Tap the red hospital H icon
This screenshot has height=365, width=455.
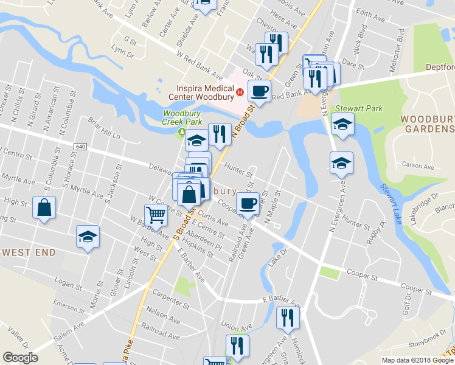(x=240, y=93)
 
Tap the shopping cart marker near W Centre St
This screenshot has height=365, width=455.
(x=156, y=214)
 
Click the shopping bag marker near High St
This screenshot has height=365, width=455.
(x=45, y=207)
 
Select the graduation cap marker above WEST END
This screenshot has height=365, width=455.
(x=88, y=236)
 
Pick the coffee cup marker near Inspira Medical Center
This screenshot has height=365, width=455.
(x=260, y=91)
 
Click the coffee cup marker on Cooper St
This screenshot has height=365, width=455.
(x=248, y=203)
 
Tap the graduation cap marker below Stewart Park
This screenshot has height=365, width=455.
(x=342, y=162)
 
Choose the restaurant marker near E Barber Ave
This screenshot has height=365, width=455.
(x=287, y=318)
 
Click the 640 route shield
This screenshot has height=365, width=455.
(x=80, y=147)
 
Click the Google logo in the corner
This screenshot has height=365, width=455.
(x=20, y=358)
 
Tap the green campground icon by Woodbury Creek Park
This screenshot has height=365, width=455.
(x=181, y=131)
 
